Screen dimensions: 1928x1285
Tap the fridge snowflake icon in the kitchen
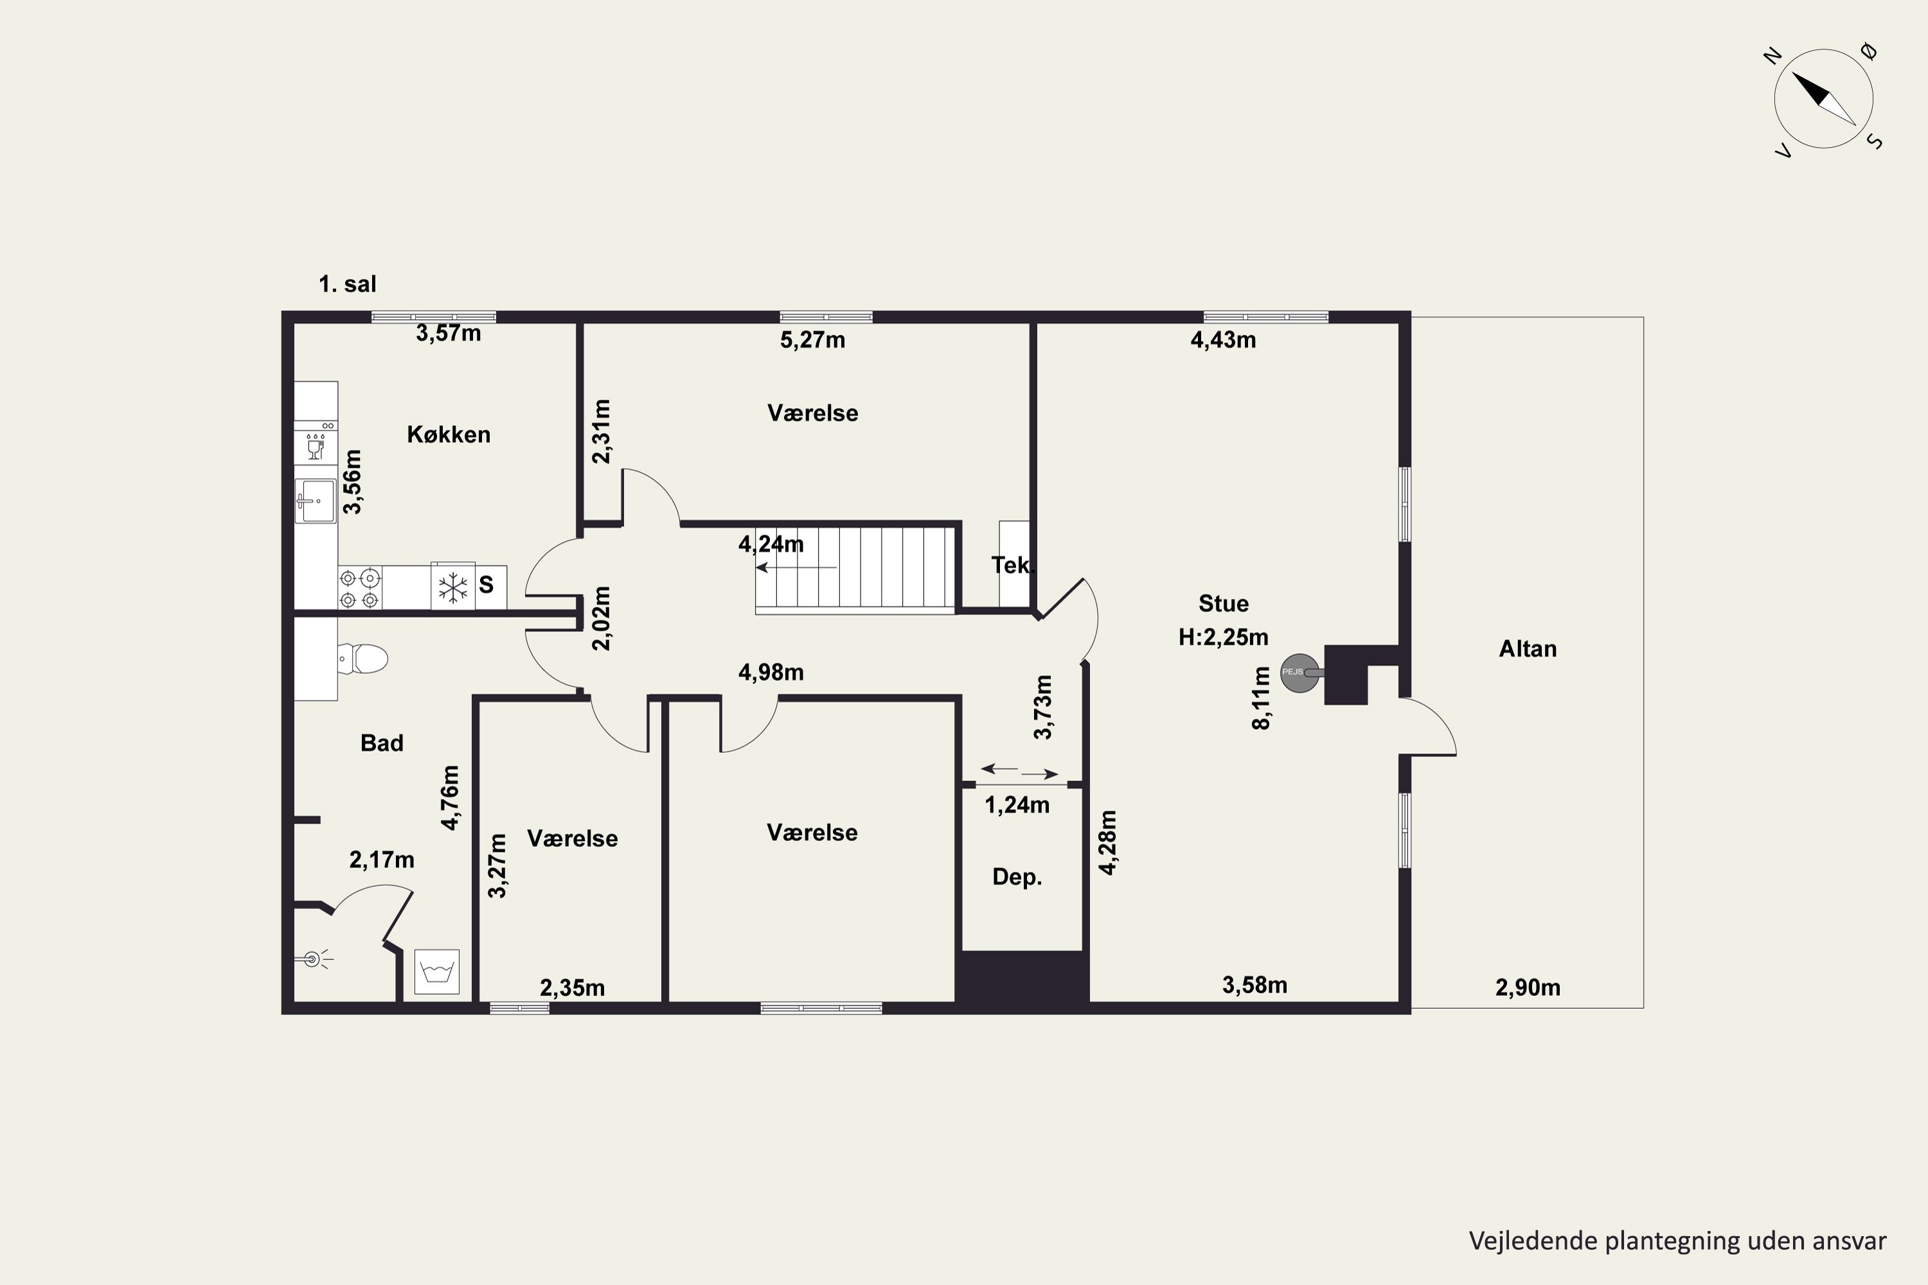452,587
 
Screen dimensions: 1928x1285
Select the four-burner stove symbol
360,589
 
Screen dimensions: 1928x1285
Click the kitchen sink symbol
316,501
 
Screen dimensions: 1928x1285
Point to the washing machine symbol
437,972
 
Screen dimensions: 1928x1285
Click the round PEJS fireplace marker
1299,673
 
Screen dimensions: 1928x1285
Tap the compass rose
1824,99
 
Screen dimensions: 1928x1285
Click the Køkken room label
449,434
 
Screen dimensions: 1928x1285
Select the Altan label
1527,649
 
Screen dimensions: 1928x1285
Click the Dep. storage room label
1017,878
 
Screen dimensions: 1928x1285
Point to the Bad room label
382,743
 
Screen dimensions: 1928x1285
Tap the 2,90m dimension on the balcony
1528,988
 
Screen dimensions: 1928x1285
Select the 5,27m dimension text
812,339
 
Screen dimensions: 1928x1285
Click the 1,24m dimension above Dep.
1017,805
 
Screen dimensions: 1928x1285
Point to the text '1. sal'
348,285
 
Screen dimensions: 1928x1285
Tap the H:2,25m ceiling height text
1223,637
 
